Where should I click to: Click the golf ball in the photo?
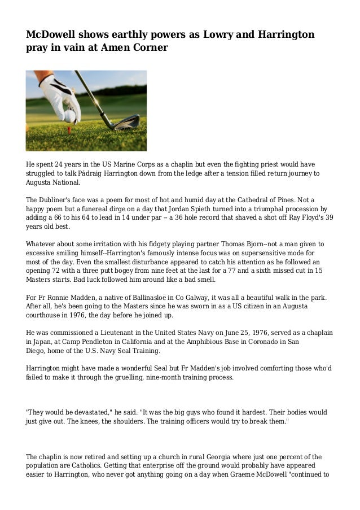coord(70,116)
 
